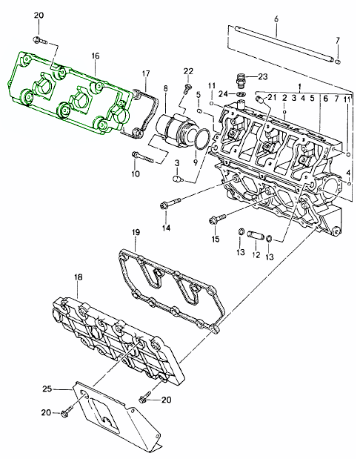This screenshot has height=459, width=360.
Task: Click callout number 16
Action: pos(96,56)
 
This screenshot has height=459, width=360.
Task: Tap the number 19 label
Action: pos(136,232)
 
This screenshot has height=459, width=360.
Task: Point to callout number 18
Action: pos(78,277)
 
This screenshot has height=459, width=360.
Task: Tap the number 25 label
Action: pos(47,389)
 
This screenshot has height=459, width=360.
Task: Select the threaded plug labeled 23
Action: pos(241,79)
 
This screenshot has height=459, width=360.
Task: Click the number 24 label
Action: pos(223,94)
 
